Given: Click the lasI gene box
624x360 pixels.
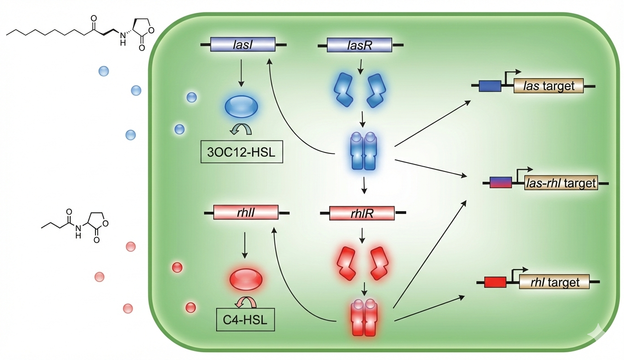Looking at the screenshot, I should point(243,45).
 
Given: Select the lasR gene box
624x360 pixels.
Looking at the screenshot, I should point(359,45).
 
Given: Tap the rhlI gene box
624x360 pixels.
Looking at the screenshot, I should point(246,213).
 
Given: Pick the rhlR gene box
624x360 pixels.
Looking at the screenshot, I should point(362,213).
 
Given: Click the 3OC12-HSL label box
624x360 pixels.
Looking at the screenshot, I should point(241,152).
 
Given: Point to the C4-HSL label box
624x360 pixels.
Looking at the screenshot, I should point(245,321).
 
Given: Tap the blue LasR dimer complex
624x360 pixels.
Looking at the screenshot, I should point(363,152).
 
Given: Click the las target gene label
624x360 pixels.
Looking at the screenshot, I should point(548,86).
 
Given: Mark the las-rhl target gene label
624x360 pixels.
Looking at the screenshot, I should point(561,183).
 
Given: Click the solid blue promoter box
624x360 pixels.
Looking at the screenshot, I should point(490,86).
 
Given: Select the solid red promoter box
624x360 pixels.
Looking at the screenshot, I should point(495,282).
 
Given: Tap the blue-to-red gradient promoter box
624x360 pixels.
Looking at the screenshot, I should point(501,183).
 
